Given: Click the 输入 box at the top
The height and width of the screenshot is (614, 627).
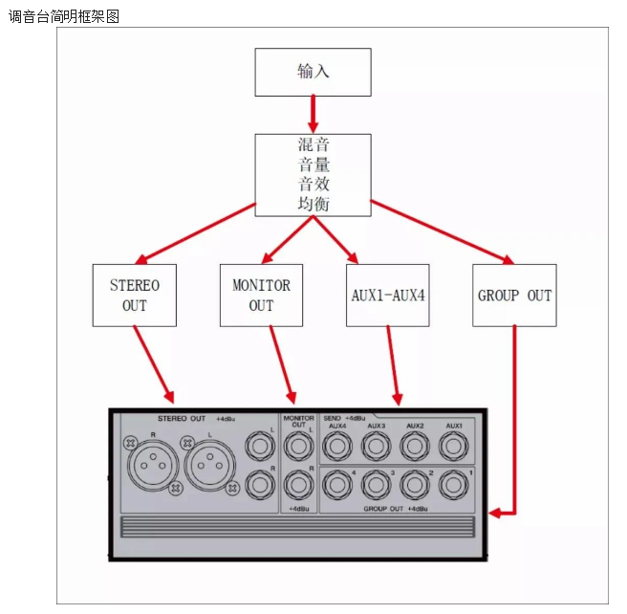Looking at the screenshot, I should coord(313,72).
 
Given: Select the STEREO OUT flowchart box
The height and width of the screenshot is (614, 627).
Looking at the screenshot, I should coord(135,295).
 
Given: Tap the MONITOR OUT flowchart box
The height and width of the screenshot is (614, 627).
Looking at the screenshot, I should coord(261,295).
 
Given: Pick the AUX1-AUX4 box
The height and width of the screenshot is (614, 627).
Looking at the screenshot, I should coord(388,295).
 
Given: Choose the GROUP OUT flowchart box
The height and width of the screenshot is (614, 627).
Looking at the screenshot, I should coord(514,295).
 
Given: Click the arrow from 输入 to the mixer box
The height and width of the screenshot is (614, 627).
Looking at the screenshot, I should coord(313,115).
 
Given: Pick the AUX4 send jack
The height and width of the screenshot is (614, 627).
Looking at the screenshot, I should coord(337,446).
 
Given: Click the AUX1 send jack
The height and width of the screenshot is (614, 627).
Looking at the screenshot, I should coord(453,446).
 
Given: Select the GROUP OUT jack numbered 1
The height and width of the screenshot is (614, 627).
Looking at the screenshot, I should coord(453,486).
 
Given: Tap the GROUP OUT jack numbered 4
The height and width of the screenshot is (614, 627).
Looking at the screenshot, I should coord(337,486).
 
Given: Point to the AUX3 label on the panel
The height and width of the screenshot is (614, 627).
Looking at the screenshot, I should coord(376,427).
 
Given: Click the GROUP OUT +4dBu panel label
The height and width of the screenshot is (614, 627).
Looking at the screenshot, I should coord(394,509).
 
